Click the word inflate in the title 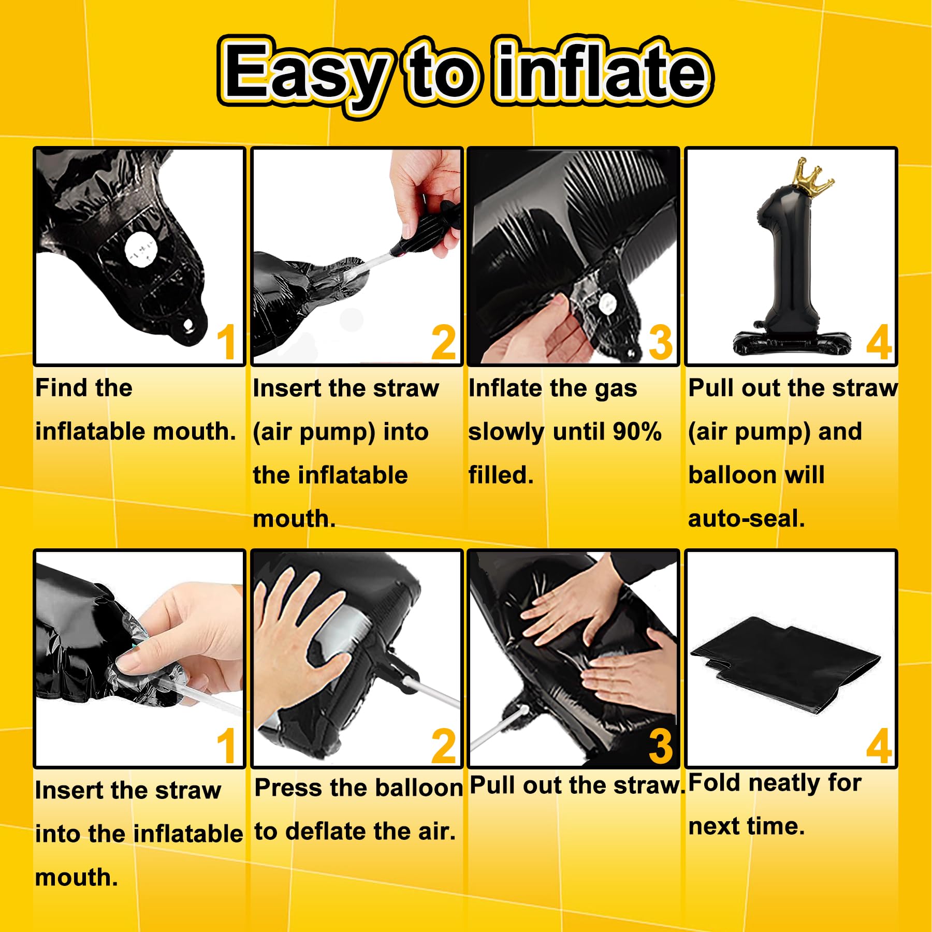[602, 69]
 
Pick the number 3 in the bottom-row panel [661, 746]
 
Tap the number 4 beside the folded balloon [879, 746]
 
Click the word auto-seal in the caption [746, 518]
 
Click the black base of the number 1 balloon [792, 342]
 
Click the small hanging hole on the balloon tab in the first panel [188, 325]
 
